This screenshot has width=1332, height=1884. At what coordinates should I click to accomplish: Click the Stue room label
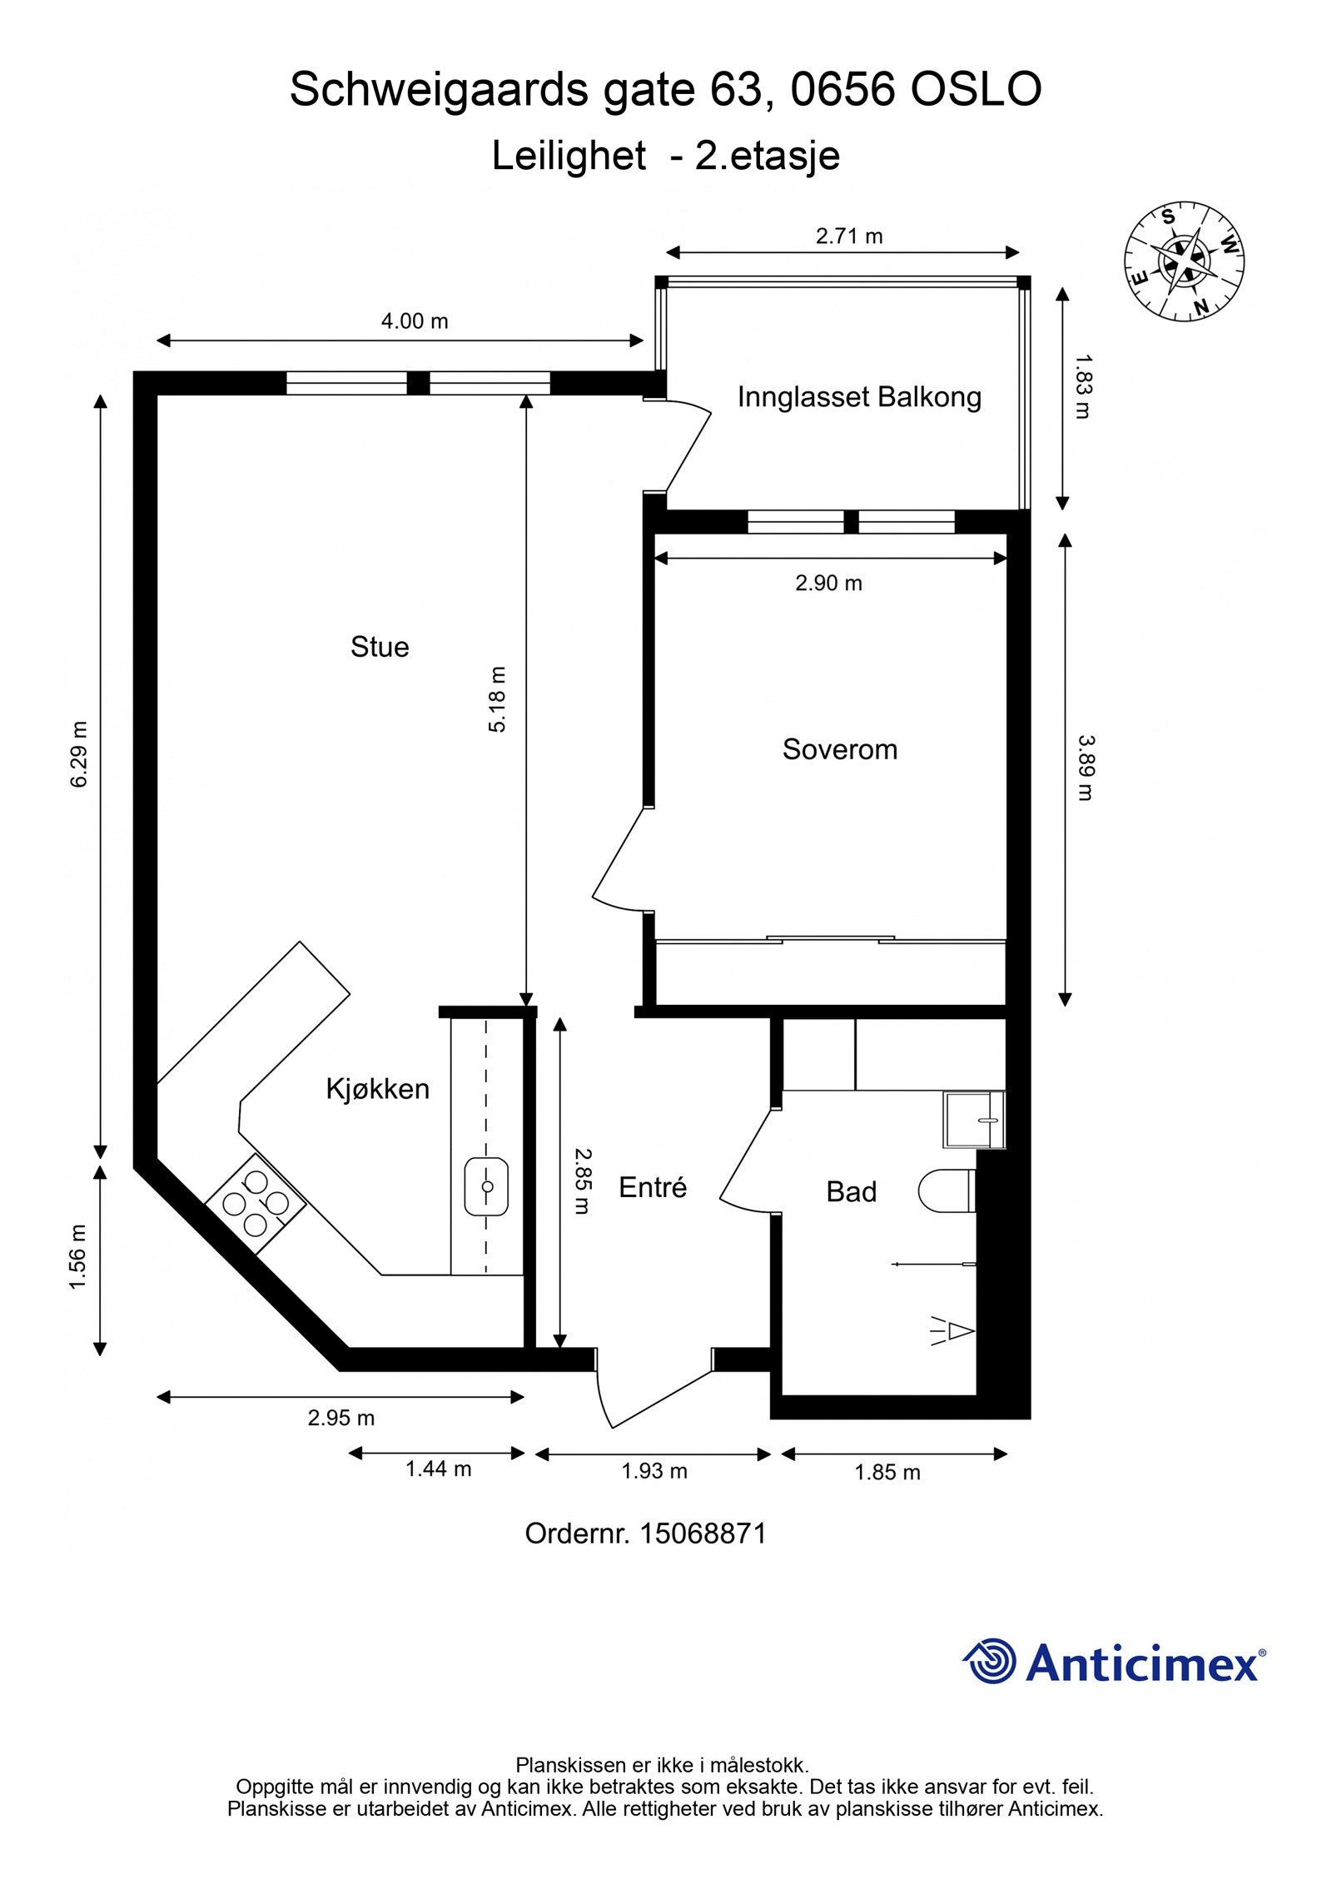pyautogui.click(x=380, y=647)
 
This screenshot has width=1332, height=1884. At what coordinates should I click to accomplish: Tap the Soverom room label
pyautogui.click(x=839, y=749)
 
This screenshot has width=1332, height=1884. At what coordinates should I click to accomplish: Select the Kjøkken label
pyautogui.click(x=377, y=1089)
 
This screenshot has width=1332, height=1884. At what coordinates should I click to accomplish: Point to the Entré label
pyautogui.click(x=653, y=1187)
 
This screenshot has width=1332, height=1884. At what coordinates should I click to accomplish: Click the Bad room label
pyautogui.click(x=851, y=1192)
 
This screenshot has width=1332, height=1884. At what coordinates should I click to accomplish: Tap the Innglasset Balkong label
pyautogui.click(x=859, y=397)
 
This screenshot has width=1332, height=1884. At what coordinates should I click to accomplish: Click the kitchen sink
pyautogui.click(x=486, y=1186)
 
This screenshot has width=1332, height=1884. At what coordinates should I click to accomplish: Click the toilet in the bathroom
pyautogui.click(x=947, y=1191)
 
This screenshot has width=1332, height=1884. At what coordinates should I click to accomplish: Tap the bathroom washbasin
pyautogui.click(x=974, y=1121)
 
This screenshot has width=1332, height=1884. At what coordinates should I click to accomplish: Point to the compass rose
pyautogui.click(x=1184, y=261)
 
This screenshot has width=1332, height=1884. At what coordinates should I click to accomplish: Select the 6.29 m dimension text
pyautogui.click(x=79, y=753)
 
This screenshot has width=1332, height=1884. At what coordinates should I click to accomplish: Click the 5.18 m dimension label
pyautogui.click(x=497, y=699)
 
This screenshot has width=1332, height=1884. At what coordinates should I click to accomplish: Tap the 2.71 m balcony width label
pyautogui.click(x=849, y=236)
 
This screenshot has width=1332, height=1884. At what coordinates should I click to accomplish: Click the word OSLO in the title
pyautogui.click(x=976, y=90)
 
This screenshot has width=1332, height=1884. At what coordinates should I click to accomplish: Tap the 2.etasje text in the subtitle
pyautogui.click(x=767, y=156)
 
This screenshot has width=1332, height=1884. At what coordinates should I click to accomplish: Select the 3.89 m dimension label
pyautogui.click(x=1084, y=767)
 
